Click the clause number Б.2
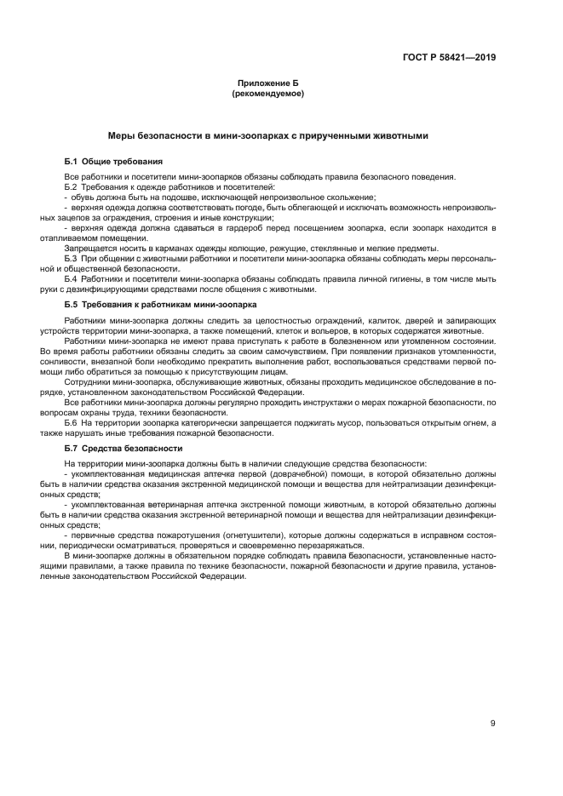coord(72,186)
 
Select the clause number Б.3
coord(72,258)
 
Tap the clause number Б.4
coord(72,279)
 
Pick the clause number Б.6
coord(72,424)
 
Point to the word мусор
coord(326,424)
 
